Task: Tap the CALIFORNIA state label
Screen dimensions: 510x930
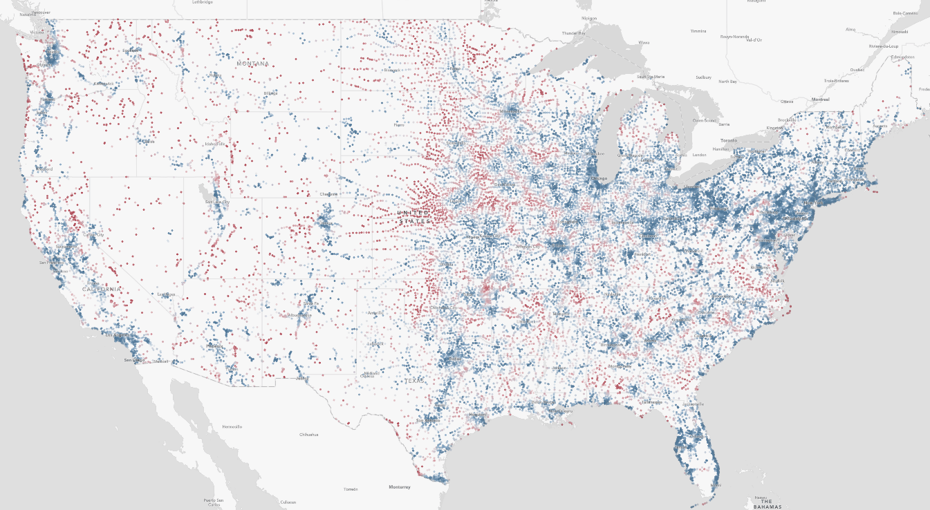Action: (x=102, y=289)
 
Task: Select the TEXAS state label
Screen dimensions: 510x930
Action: (x=416, y=381)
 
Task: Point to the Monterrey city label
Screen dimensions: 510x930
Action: (x=399, y=487)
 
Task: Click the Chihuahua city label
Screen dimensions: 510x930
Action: (x=308, y=435)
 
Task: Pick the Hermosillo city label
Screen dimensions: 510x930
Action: (x=232, y=427)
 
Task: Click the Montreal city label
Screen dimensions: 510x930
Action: (x=820, y=100)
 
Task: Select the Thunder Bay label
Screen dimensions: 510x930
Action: (x=573, y=32)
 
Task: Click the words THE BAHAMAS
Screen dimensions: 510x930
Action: (x=766, y=504)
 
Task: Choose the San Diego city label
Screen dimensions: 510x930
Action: (x=133, y=360)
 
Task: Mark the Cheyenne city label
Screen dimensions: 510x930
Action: (x=329, y=194)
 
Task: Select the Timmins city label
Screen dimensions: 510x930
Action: (x=698, y=31)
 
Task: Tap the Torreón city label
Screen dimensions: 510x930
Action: (x=351, y=489)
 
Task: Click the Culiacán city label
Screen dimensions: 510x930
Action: (x=288, y=502)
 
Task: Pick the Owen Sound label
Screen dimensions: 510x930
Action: (x=703, y=120)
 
